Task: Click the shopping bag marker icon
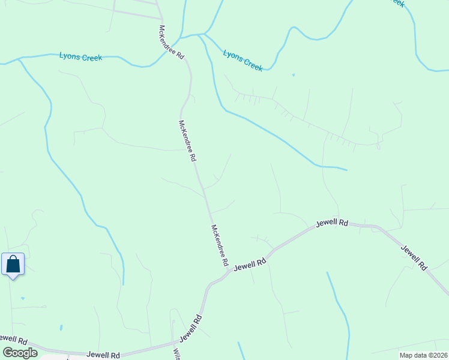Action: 13,265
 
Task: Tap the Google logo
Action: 20,353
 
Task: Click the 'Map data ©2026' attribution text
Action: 421,355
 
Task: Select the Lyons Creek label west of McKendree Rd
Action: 80,57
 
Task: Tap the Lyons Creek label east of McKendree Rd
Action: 243,61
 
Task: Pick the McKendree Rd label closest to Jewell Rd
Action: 220,245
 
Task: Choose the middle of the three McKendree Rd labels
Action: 187,141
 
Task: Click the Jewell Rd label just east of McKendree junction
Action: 250,264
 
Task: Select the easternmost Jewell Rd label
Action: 414,257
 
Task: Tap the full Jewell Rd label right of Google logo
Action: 103,355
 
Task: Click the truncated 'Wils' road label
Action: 177,353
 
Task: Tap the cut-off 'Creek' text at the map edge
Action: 397,3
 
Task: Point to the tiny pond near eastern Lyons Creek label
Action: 293,75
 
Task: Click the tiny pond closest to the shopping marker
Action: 22,298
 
